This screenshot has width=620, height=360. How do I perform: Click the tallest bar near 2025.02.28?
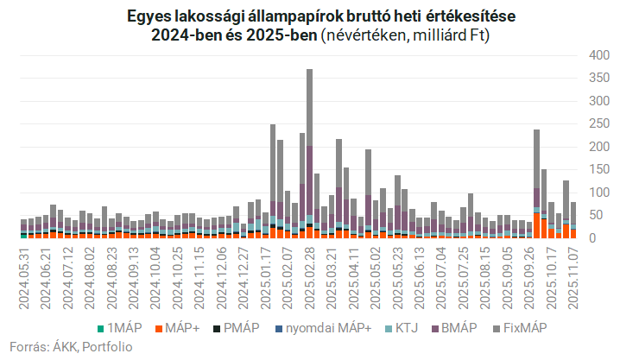tap(309, 152)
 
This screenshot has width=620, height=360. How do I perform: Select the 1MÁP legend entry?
tap(119, 328)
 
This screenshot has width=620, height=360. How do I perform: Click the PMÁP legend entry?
tap(237, 328)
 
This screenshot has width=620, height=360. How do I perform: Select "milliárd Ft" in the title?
tap(456, 36)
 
